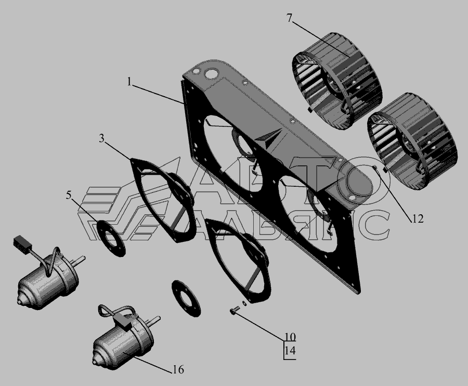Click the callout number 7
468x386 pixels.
289,19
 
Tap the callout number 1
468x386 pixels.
129,82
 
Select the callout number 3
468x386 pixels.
102,138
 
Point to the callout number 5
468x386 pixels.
69,196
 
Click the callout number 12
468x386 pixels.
418,219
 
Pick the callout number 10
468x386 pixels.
290,337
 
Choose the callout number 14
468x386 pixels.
290,350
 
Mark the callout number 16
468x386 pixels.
178,369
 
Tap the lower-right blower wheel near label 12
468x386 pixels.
412,141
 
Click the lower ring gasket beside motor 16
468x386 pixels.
186,298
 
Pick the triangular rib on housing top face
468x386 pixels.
269,138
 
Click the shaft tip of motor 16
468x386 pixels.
157,318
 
